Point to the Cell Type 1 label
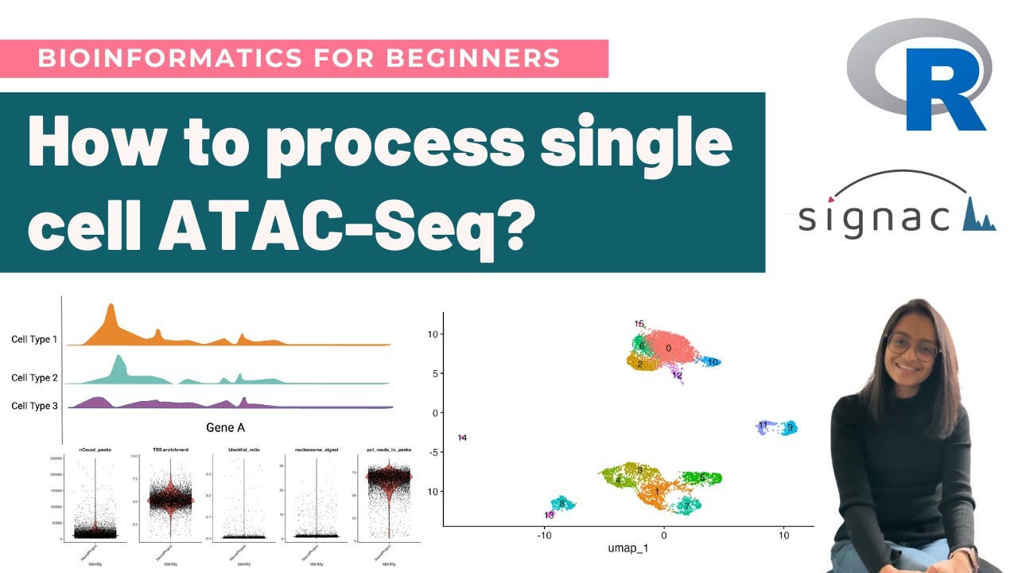(34, 340)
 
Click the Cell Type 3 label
(34, 406)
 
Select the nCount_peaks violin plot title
(95, 450)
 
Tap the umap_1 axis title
(628, 550)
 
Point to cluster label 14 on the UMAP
(462, 438)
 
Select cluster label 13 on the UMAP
(549, 515)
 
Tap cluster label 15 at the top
(639, 324)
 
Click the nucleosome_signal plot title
(316, 450)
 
